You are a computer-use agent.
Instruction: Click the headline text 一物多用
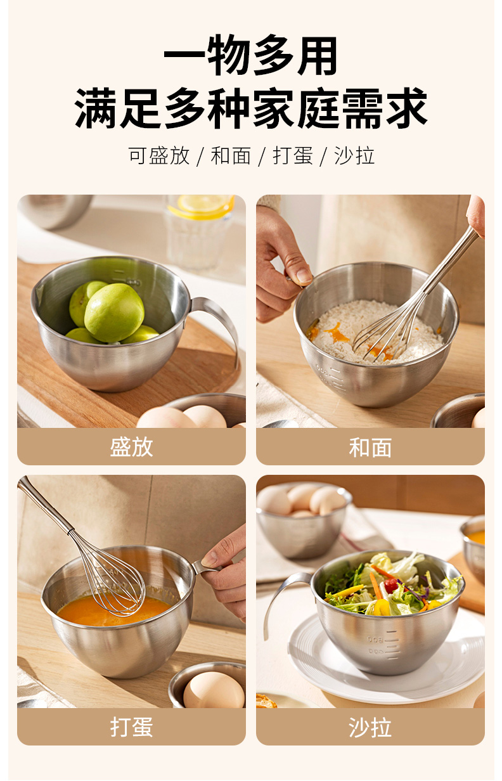250,55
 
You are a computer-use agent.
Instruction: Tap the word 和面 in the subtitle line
231,155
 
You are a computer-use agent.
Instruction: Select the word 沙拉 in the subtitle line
354,155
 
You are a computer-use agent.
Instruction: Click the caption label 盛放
131,447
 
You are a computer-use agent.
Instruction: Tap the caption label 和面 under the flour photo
370,448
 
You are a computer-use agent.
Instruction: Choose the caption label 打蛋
131,727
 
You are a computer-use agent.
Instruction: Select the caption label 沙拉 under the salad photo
370,727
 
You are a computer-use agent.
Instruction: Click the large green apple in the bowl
114,313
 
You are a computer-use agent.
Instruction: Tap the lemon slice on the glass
202,207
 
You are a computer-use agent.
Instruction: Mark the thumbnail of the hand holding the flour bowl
304,276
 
